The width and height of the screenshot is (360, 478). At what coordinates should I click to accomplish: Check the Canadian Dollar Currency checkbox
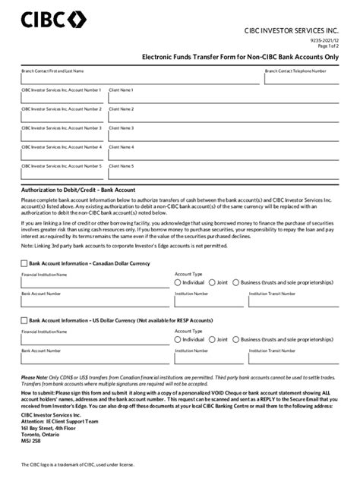(x=24, y=263)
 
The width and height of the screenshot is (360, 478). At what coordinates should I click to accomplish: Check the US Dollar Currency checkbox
(x=24, y=321)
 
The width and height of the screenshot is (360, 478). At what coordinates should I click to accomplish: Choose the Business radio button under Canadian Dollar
(x=236, y=282)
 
